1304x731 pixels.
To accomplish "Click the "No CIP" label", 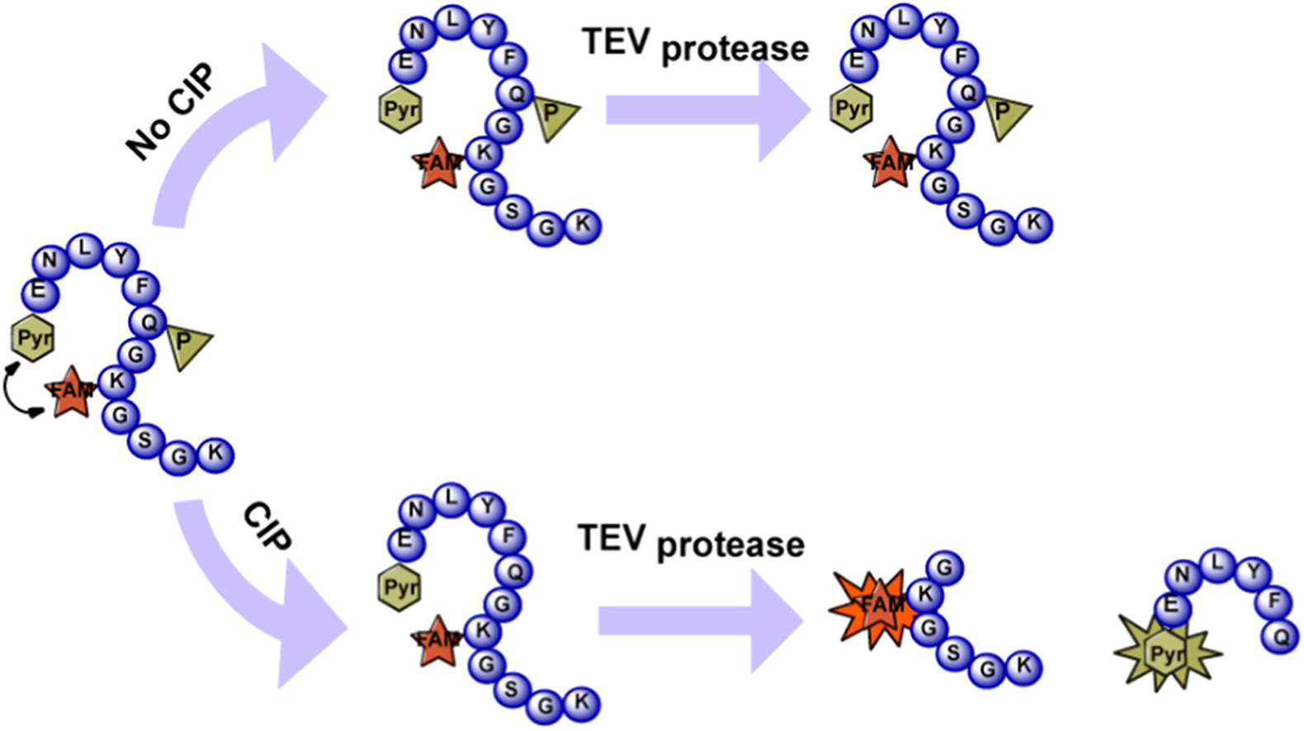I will tap(170, 111).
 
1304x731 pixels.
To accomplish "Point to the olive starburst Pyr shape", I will tap(1166, 653).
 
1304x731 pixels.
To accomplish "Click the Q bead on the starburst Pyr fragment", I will tap(1281, 637).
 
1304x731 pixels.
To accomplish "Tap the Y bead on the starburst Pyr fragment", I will tap(1254, 571).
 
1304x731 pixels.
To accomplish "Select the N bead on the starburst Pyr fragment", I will tap(1182, 575).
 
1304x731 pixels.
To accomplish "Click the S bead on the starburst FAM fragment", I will tap(953, 653).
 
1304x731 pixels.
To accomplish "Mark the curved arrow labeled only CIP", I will tap(256, 594).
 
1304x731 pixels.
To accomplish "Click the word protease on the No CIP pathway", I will tap(735, 50).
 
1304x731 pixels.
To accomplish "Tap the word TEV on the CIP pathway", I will tap(611, 538).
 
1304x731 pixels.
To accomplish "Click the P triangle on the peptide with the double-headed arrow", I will tap(186, 343).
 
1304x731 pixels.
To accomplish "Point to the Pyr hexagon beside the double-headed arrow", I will tap(34, 337).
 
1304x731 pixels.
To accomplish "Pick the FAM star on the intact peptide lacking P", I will tap(437, 640).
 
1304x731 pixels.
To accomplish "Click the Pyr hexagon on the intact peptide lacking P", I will tap(400, 588).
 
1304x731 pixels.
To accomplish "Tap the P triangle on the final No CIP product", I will tap(1004, 114).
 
